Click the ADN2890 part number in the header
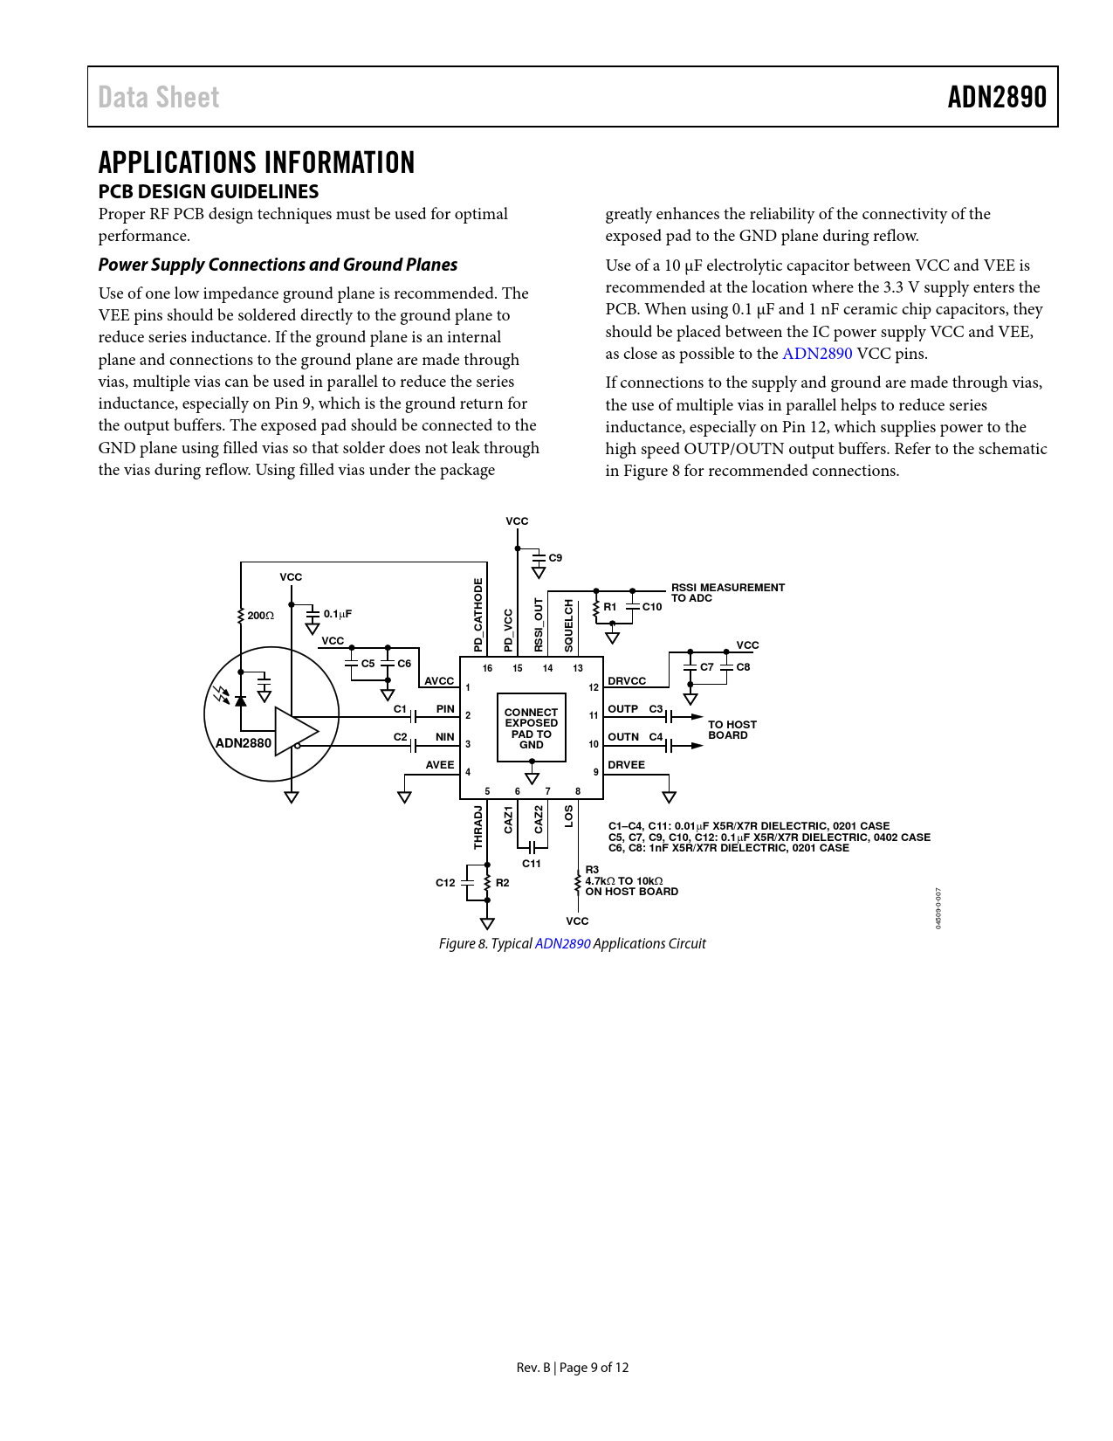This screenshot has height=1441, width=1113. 997,97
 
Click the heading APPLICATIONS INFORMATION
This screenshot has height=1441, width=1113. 257,162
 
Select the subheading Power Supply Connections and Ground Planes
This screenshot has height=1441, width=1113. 278,265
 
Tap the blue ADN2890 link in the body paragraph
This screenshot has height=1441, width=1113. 816,354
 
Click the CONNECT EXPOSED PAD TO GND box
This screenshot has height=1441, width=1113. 531,728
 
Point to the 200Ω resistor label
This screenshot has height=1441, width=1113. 260,616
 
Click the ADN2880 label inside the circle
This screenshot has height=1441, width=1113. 244,743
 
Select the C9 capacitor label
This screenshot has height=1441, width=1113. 555,558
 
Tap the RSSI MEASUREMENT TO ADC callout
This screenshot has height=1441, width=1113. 727,593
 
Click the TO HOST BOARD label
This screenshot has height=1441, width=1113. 732,730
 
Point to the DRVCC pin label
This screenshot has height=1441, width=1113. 627,681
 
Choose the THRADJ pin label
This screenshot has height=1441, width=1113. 478,827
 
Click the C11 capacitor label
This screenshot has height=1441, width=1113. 532,864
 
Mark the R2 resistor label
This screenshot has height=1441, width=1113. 503,883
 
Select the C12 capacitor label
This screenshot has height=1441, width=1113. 445,883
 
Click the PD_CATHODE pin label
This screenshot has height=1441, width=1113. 478,615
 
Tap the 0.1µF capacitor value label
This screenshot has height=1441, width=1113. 338,614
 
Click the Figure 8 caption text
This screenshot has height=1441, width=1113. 572,943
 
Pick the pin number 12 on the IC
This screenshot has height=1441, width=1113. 594,687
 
